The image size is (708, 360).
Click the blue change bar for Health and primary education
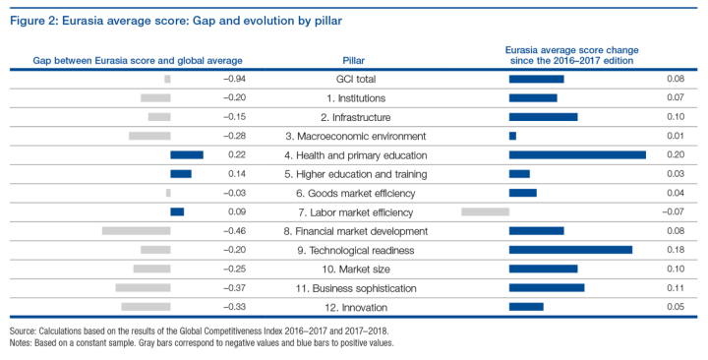[x=577, y=154]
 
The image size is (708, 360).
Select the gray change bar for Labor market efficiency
[x=485, y=211]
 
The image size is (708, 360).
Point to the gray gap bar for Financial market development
[x=136, y=230]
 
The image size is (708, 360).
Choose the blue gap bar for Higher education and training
[x=181, y=173]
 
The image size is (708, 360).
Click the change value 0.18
[x=676, y=250]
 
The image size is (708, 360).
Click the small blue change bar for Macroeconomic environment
[x=512, y=136]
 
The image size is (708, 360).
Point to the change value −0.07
[x=673, y=211]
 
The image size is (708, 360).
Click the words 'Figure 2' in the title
[x=30, y=17]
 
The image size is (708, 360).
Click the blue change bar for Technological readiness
[x=570, y=250]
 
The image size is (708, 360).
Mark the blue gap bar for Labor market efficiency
[x=177, y=211]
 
